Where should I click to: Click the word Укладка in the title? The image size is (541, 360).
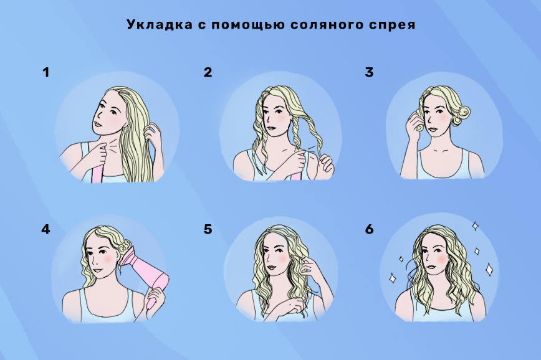pyautogui.click(x=160, y=24)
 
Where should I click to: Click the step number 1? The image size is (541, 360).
pyautogui.click(x=46, y=72)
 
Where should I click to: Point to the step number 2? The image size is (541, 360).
pyautogui.click(x=208, y=72)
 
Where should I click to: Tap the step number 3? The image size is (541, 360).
pyautogui.click(x=369, y=72)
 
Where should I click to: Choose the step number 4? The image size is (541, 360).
pyautogui.click(x=45, y=229)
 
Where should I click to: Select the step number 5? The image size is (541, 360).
pyautogui.click(x=208, y=229)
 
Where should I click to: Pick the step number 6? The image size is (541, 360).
pyautogui.click(x=369, y=229)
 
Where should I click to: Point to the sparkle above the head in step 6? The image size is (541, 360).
pyautogui.click(x=475, y=226)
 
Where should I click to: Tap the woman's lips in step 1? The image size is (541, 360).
pyautogui.click(x=97, y=123)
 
